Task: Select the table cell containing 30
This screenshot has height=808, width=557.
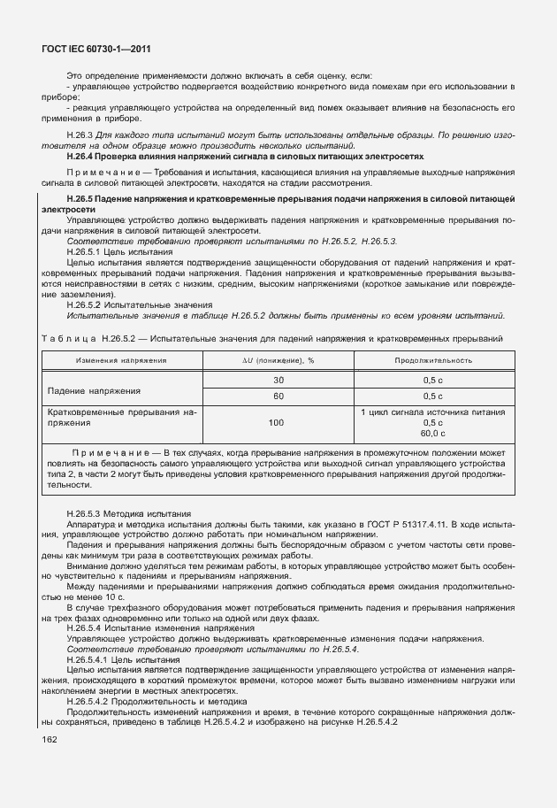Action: (x=278, y=380)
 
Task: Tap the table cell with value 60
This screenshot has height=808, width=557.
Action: (x=278, y=396)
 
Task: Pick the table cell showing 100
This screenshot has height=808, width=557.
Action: (x=277, y=422)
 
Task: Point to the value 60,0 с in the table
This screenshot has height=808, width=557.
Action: (x=432, y=433)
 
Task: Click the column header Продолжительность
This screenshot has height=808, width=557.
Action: (x=432, y=360)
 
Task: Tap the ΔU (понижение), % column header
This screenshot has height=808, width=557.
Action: (x=278, y=360)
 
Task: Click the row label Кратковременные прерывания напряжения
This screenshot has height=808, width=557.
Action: (x=121, y=418)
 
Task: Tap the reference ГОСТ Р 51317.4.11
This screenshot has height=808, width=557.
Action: (x=399, y=524)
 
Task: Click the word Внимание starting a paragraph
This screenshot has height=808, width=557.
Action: (x=87, y=564)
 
